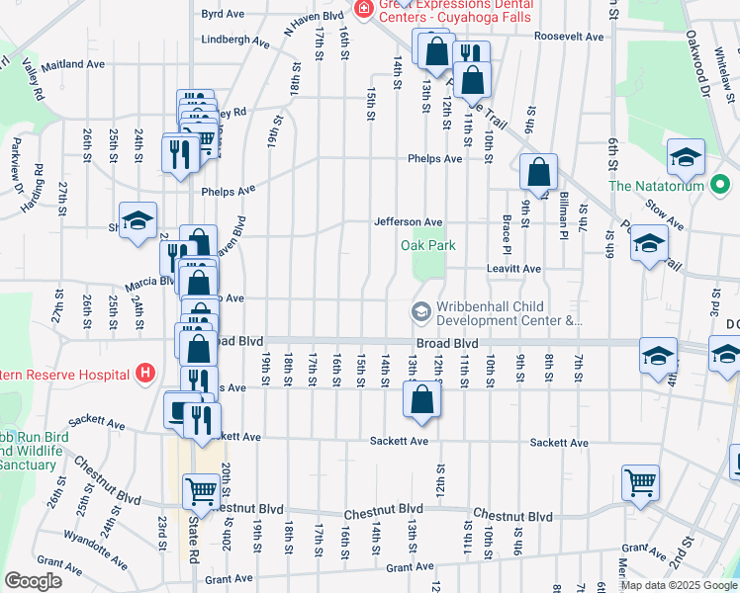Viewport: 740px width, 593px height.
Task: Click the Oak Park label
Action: tap(427, 245)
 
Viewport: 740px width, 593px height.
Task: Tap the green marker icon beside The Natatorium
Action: tap(720, 186)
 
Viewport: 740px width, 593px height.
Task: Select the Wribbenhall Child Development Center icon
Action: tap(420, 313)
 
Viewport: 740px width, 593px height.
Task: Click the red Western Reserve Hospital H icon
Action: tap(145, 374)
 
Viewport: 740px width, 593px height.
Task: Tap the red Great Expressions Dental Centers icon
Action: tap(364, 9)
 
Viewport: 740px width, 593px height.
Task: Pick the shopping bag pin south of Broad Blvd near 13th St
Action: tap(420, 400)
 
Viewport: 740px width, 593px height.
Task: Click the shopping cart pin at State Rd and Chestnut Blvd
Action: tap(201, 490)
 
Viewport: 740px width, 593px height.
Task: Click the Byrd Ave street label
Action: tap(222, 14)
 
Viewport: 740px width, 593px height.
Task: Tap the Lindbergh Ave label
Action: tap(235, 42)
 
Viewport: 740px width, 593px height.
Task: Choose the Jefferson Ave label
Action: tap(407, 222)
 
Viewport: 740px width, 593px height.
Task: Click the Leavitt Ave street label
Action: tap(513, 269)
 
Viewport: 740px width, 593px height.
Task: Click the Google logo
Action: tap(33, 580)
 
